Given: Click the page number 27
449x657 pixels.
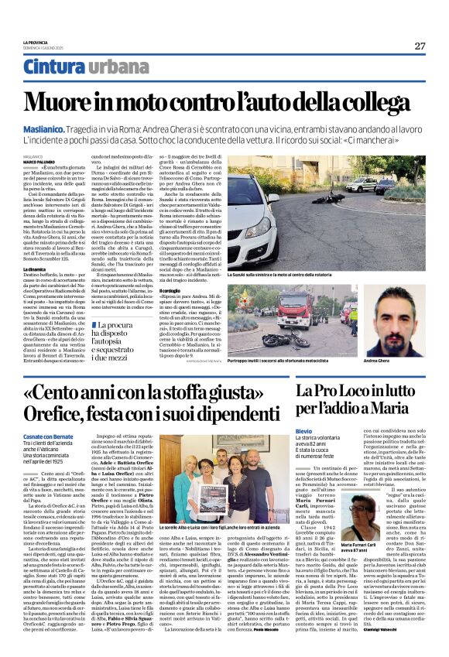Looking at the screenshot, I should [x=420, y=46].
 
